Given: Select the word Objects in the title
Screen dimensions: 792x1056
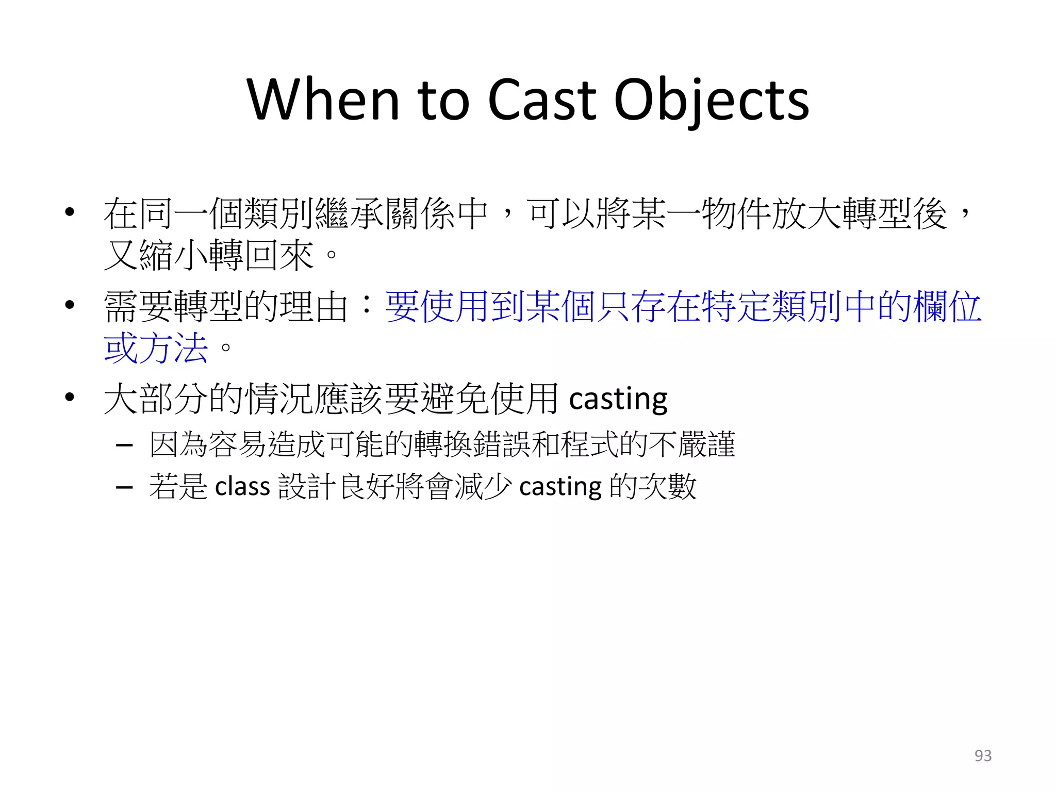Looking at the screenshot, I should point(712,101).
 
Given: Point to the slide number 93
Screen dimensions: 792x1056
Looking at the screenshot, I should point(983,755).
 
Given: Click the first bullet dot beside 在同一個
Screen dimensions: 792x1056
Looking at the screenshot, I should point(70,212).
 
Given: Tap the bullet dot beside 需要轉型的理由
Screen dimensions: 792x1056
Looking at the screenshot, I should point(70,305).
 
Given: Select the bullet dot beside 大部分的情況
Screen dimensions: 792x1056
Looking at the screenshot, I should point(70,398).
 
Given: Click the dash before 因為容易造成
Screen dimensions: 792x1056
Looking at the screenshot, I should point(125,444).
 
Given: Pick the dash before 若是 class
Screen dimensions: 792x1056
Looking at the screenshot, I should point(125,487).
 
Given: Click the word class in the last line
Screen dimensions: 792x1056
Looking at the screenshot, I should point(242,487).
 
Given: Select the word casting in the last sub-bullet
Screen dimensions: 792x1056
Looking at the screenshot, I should point(560,487).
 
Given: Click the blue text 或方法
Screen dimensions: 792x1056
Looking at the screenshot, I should point(156,348).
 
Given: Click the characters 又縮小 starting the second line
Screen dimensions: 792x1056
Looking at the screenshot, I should point(156,255).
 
